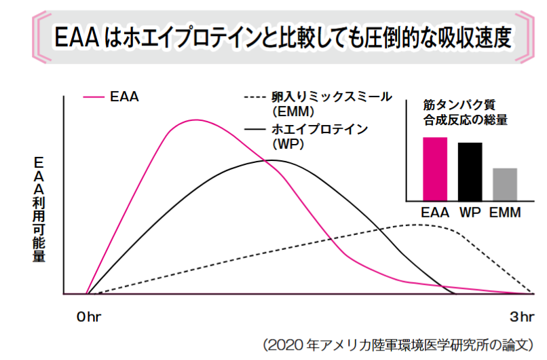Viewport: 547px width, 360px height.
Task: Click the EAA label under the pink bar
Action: (x=435, y=213)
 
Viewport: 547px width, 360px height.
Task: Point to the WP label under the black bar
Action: (x=470, y=213)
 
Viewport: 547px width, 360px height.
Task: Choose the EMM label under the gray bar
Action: (x=504, y=213)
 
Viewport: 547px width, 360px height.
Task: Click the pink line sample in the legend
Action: (x=93, y=96)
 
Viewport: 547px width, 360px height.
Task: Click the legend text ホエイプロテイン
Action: (x=319, y=129)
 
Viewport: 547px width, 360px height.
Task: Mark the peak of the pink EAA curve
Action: (x=195, y=120)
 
